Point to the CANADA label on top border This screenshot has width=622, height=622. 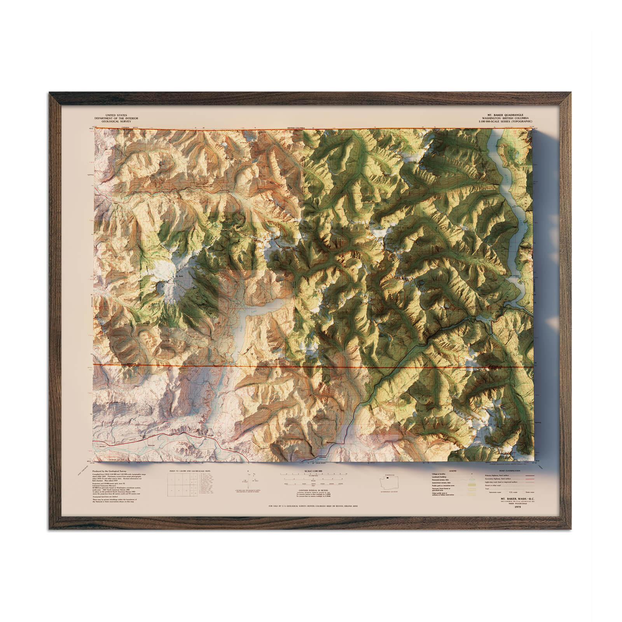[x=125, y=128]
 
